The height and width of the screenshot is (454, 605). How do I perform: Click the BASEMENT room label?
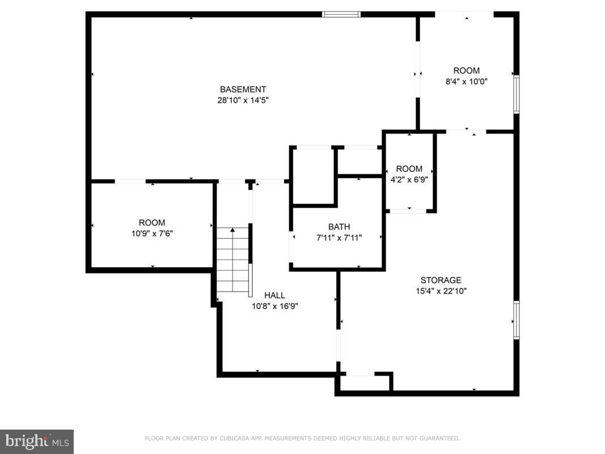click(243, 89)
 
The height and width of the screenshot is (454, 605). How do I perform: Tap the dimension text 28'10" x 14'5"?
click(243, 100)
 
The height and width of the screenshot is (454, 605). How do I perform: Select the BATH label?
click(339, 227)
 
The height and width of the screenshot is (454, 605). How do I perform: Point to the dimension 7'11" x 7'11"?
click(339, 238)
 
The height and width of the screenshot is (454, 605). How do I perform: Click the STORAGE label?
click(441, 280)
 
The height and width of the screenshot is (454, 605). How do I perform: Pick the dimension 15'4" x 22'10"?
click(441, 291)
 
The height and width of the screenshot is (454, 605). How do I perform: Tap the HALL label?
click(274, 295)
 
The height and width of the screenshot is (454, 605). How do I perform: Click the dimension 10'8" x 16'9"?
click(274, 306)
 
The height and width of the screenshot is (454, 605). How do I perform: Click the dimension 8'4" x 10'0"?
click(466, 81)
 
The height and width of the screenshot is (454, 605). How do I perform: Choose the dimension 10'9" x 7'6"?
click(152, 233)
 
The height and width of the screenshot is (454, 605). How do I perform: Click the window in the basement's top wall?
click(341, 14)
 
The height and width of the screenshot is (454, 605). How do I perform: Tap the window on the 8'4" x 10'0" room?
click(516, 94)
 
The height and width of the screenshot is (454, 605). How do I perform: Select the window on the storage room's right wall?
click(516, 320)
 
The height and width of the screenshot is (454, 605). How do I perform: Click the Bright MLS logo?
click(37, 441)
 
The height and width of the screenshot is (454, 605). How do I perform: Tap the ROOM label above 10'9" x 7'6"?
click(152, 222)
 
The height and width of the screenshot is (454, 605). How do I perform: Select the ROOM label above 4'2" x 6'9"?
click(409, 169)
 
